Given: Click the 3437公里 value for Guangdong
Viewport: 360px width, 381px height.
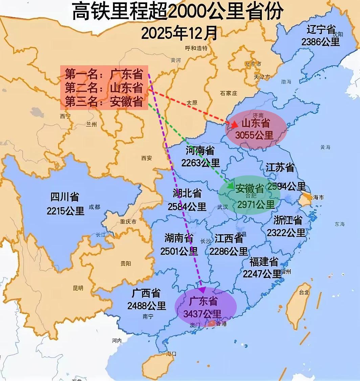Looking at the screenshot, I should coord(202,314).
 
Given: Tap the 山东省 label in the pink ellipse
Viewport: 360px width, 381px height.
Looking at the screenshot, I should coord(256,124).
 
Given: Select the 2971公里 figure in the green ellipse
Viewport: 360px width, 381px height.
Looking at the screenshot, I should coord(256,204).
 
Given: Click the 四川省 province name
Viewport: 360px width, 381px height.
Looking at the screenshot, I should coord(65,197).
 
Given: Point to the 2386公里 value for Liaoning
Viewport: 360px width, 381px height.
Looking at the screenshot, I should coord(320,42).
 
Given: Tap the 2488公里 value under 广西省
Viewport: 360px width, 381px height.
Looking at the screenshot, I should coord(147,306).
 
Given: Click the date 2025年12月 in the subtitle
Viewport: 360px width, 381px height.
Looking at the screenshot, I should coord(179,33).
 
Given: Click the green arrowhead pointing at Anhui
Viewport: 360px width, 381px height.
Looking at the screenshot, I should coord(231,186).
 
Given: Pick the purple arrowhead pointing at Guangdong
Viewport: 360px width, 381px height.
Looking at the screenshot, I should coord(202,290).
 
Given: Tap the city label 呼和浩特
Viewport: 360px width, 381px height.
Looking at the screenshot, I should coord(196,48).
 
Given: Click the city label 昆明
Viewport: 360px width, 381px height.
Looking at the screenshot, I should coord(78,288).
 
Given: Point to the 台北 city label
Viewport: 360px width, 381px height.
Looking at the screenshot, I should coord(303,292).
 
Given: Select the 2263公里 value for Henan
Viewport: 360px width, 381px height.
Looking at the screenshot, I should coord(200,163).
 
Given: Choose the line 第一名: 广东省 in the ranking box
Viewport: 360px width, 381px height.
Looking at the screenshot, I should coord(104,74).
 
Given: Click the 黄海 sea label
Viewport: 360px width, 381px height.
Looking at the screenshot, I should coord(325,147).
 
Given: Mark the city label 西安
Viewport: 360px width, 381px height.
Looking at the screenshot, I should coord(147,158).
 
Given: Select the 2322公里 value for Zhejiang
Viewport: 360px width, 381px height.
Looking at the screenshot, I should coord(286,232).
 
